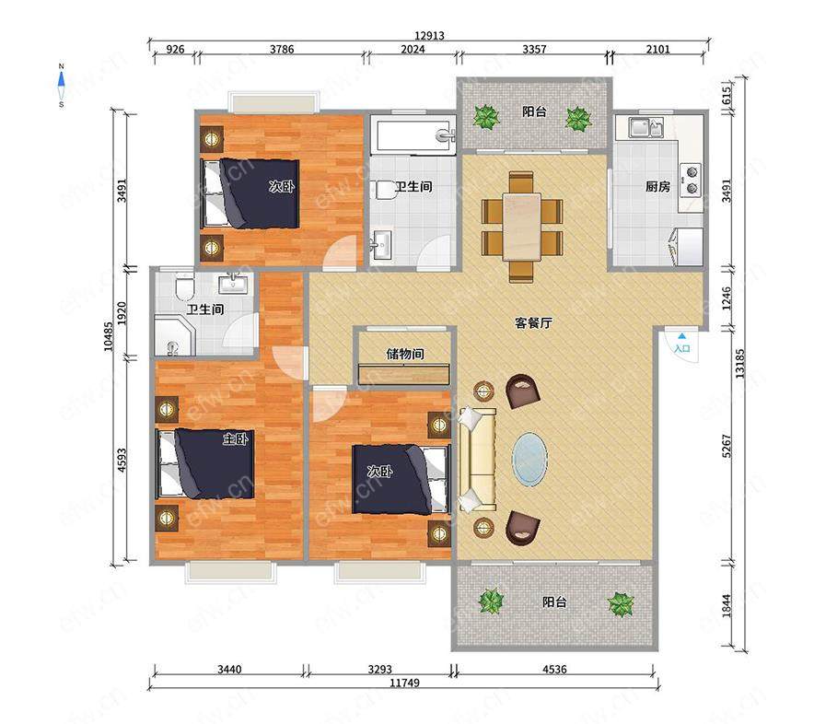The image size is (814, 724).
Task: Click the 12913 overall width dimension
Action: point(429,35)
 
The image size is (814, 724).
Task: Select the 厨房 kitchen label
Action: point(657,186)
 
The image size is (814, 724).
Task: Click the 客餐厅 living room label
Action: point(533,322)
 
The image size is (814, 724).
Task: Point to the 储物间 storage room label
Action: point(405,354)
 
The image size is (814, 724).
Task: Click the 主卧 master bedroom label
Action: point(235,438)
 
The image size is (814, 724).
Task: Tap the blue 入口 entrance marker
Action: point(681,344)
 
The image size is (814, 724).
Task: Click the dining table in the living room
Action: point(522,227)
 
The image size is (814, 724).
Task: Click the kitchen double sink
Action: point(646,127)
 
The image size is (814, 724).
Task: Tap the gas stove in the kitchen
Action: point(692,180)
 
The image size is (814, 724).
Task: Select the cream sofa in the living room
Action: point(478,460)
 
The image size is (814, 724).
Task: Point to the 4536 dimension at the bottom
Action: point(554,669)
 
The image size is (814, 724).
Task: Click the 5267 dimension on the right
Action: point(727,446)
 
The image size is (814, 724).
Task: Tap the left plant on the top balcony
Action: point(486,117)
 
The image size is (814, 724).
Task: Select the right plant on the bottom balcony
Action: point(621,604)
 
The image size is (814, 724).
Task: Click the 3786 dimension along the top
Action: point(282,50)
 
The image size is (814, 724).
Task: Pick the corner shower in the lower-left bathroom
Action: point(174,337)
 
